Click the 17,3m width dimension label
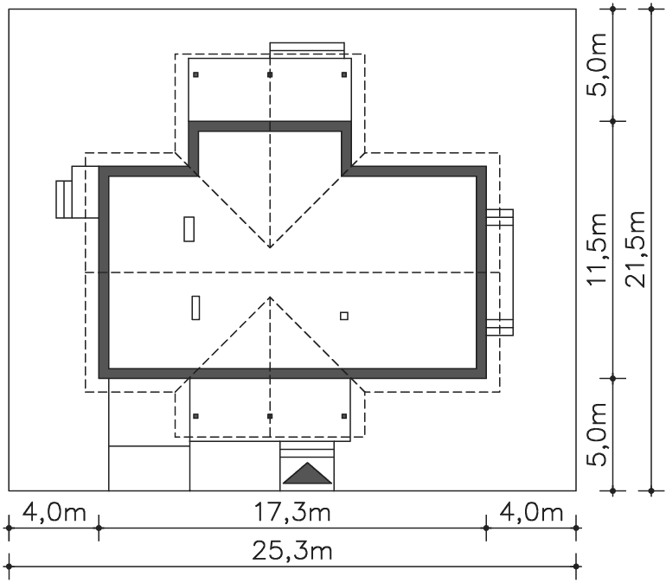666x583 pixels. (x=291, y=512)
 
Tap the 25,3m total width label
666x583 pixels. (x=291, y=551)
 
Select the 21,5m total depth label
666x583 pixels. (x=636, y=249)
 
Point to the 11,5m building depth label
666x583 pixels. (x=596, y=249)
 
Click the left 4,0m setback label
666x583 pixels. (x=54, y=512)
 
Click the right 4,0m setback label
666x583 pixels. (x=531, y=512)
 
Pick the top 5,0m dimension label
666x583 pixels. (x=596, y=65)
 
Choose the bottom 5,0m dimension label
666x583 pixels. (x=596, y=433)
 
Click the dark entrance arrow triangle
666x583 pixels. (x=307, y=473)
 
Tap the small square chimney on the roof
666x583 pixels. (x=344, y=316)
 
